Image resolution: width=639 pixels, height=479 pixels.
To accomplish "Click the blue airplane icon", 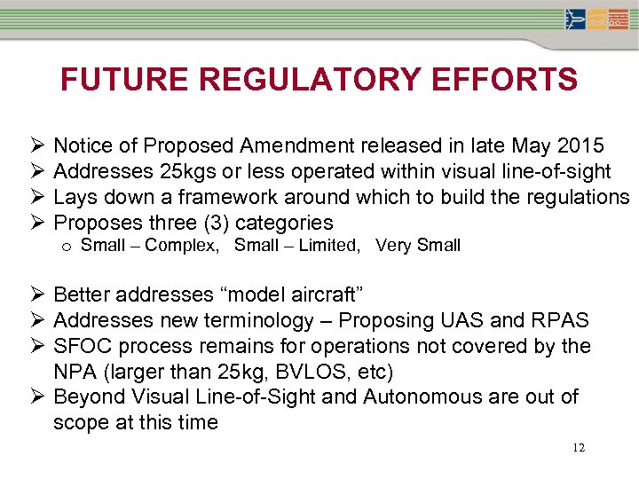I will pos(576,19).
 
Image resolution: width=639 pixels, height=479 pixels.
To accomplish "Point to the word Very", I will pos(391,246).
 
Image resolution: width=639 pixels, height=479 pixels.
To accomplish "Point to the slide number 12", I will pos(578,448).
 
